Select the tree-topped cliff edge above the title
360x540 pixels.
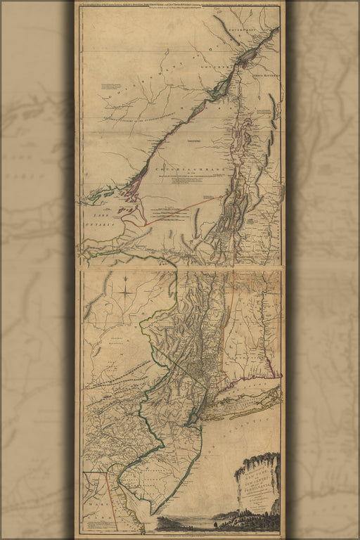pos(257,461)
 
